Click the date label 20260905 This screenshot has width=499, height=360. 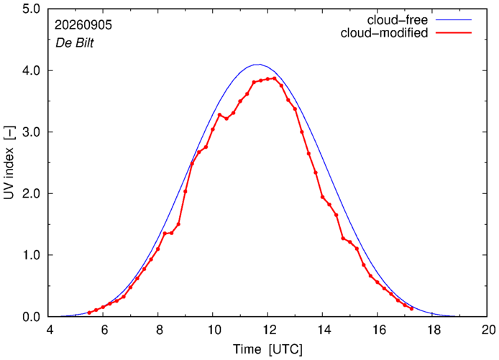(x=83, y=25)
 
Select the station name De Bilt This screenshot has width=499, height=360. (x=75, y=43)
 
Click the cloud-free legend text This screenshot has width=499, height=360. (x=397, y=20)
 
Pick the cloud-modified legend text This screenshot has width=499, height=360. (x=384, y=33)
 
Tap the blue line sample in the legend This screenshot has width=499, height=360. (x=454, y=19)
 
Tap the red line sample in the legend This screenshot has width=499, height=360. (x=454, y=32)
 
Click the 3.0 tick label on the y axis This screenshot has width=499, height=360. (x=31, y=131)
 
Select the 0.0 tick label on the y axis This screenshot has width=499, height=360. (x=31, y=317)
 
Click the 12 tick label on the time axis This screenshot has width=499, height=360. (x=267, y=330)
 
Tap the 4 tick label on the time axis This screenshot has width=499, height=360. (x=49, y=330)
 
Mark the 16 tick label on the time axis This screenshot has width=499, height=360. (x=377, y=330)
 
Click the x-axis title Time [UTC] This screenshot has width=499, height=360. (x=267, y=349)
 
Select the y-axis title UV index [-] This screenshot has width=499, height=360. (x=9, y=162)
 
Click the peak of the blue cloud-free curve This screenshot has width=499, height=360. (x=259, y=64)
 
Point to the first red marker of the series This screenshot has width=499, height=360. (x=89, y=313)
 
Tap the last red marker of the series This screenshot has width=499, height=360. (x=411, y=308)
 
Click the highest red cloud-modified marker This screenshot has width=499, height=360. (x=275, y=78)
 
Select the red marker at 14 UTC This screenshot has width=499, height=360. (x=322, y=197)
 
